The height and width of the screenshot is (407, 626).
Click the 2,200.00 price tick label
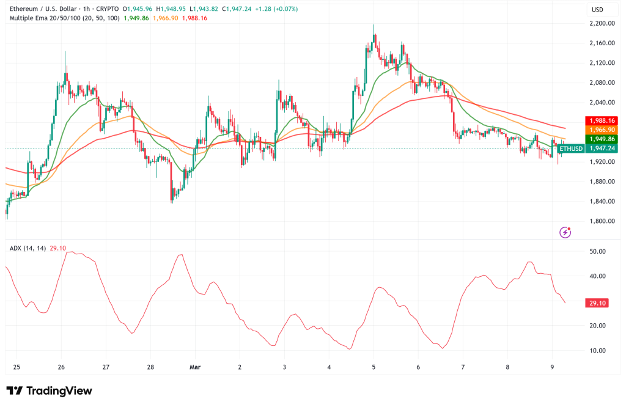(x=602, y=23)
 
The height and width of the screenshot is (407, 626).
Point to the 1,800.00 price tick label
(x=602, y=221)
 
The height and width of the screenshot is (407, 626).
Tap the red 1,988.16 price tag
(x=602, y=120)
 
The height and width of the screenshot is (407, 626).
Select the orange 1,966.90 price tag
(x=602, y=130)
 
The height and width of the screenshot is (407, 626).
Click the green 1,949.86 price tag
(x=602, y=139)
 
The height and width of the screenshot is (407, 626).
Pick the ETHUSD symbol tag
(x=571, y=148)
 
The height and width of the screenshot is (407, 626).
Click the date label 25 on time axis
(x=17, y=367)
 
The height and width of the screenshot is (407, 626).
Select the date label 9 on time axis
(x=553, y=367)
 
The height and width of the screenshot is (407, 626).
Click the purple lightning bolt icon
(x=565, y=232)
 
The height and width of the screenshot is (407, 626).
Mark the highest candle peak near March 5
(x=374, y=26)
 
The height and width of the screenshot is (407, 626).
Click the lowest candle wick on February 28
(x=171, y=202)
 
